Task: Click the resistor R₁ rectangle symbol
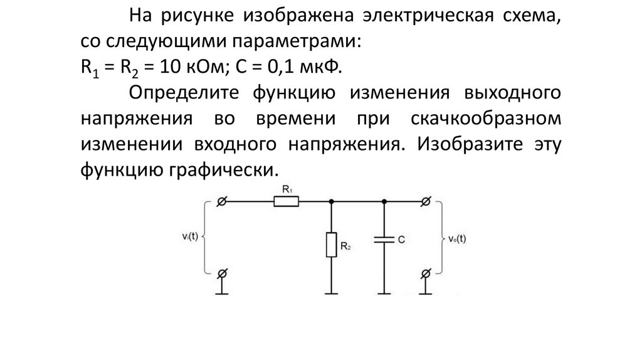287,201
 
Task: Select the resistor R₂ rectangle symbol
331,244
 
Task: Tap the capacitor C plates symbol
383,239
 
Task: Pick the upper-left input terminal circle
221,201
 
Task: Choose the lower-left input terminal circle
221,274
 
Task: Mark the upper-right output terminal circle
426,201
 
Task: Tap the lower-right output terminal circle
426,274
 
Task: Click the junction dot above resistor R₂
331,201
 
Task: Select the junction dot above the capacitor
383,201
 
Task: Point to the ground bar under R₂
331,293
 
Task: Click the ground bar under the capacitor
383,293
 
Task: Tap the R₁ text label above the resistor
287,188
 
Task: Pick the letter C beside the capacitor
400,239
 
